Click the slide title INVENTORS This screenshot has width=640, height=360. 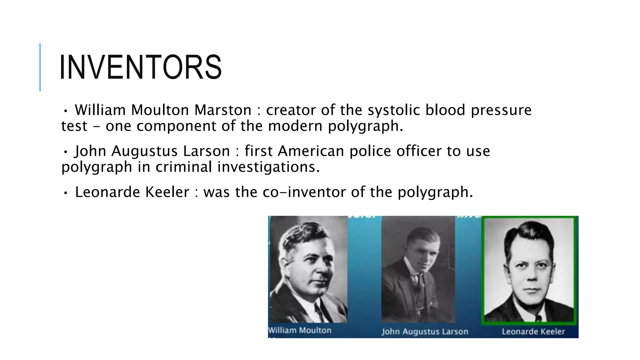click(140, 67)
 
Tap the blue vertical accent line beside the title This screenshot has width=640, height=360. click(40, 67)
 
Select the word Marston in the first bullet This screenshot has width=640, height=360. click(222, 110)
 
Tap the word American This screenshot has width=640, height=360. click(311, 151)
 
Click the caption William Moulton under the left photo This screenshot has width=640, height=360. click(300, 330)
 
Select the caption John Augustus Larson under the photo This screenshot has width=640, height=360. click(425, 332)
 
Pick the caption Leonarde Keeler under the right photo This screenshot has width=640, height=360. click(533, 332)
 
